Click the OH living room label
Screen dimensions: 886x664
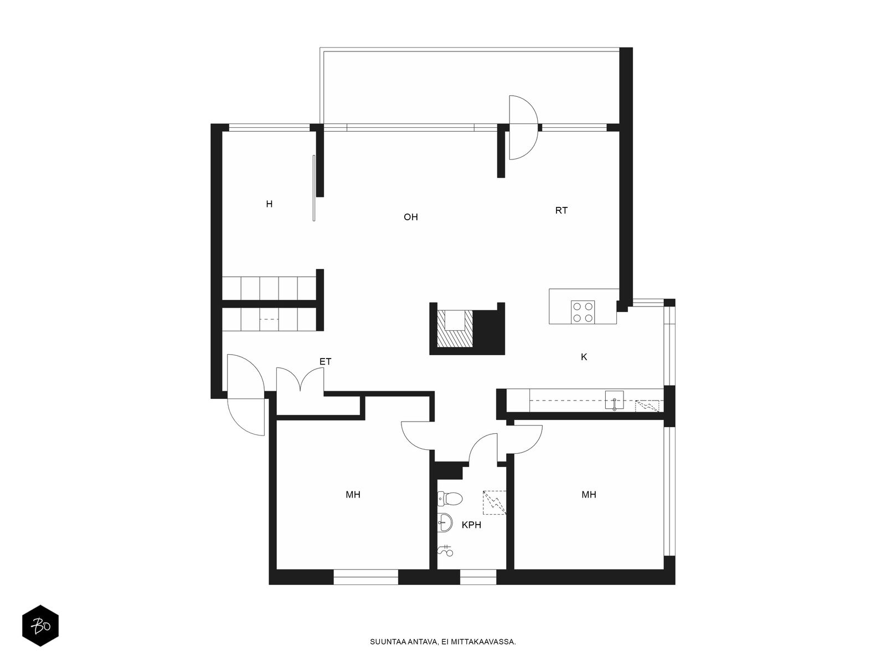[x=410, y=217]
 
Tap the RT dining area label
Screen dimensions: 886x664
[x=561, y=210]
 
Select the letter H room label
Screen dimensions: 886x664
[x=269, y=204]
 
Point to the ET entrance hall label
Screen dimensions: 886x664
[x=326, y=362]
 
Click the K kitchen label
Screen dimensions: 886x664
[x=584, y=357]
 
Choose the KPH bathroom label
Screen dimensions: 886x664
[x=471, y=525]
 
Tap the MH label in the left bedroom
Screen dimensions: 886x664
[x=353, y=495]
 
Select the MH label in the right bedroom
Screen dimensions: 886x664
[x=589, y=495]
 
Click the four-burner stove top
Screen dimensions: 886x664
[x=583, y=313]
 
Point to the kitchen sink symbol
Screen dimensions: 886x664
[x=614, y=400]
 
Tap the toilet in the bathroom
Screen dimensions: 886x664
[x=450, y=499]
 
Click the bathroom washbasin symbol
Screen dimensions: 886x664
[x=445, y=523]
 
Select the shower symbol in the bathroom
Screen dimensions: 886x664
[x=445, y=550]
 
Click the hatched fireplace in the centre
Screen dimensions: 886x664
[x=455, y=328]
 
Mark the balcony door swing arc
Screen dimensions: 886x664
[x=523, y=127]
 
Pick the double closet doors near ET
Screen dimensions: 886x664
[x=300, y=379]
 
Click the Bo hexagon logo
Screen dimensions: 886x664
[x=40, y=626]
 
